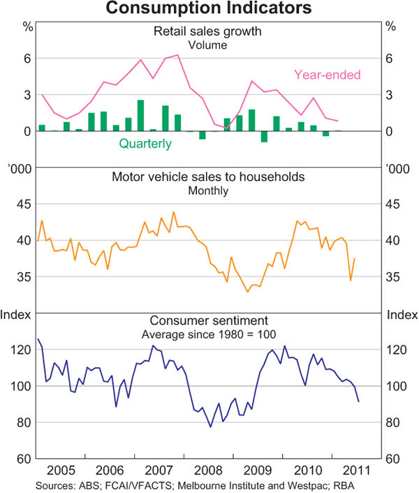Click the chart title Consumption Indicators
click(x=209, y=9)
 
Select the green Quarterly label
click(x=145, y=144)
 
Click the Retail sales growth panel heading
click(x=208, y=31)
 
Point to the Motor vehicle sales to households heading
click(x=208, y=177)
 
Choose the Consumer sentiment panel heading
click(x=208, y=321)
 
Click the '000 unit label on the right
click(x=398, y=170)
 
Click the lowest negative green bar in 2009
click(x=264, y=136)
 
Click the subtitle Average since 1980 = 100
click(x=208, y=335)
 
